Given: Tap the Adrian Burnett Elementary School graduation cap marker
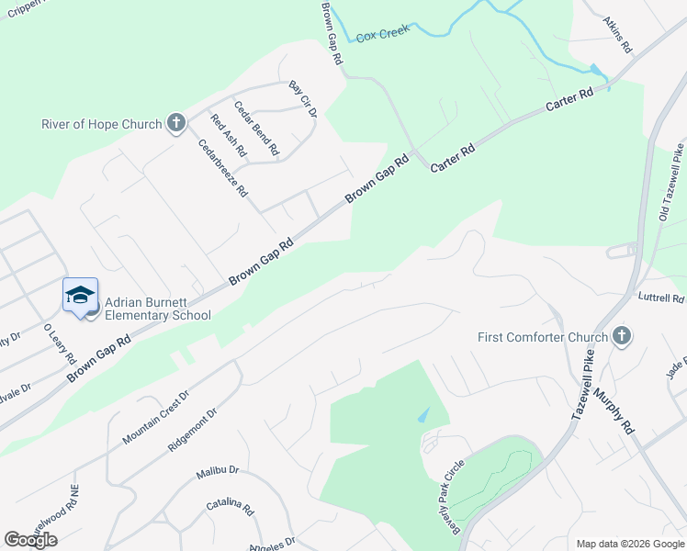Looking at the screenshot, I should [80, 295].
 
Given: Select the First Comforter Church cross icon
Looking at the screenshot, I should [622, 336].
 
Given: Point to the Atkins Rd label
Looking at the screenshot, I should [617, 32].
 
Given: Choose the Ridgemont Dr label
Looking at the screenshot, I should [192, 429].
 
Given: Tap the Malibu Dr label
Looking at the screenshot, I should [217, 472].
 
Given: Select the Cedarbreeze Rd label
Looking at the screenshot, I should [223, 168].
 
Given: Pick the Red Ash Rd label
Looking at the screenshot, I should [228, 135].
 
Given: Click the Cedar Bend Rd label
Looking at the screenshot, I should [256, 127].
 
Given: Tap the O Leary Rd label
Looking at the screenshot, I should [59, 343].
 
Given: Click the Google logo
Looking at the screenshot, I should [30, 539].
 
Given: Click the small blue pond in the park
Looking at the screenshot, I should [422, 415].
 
